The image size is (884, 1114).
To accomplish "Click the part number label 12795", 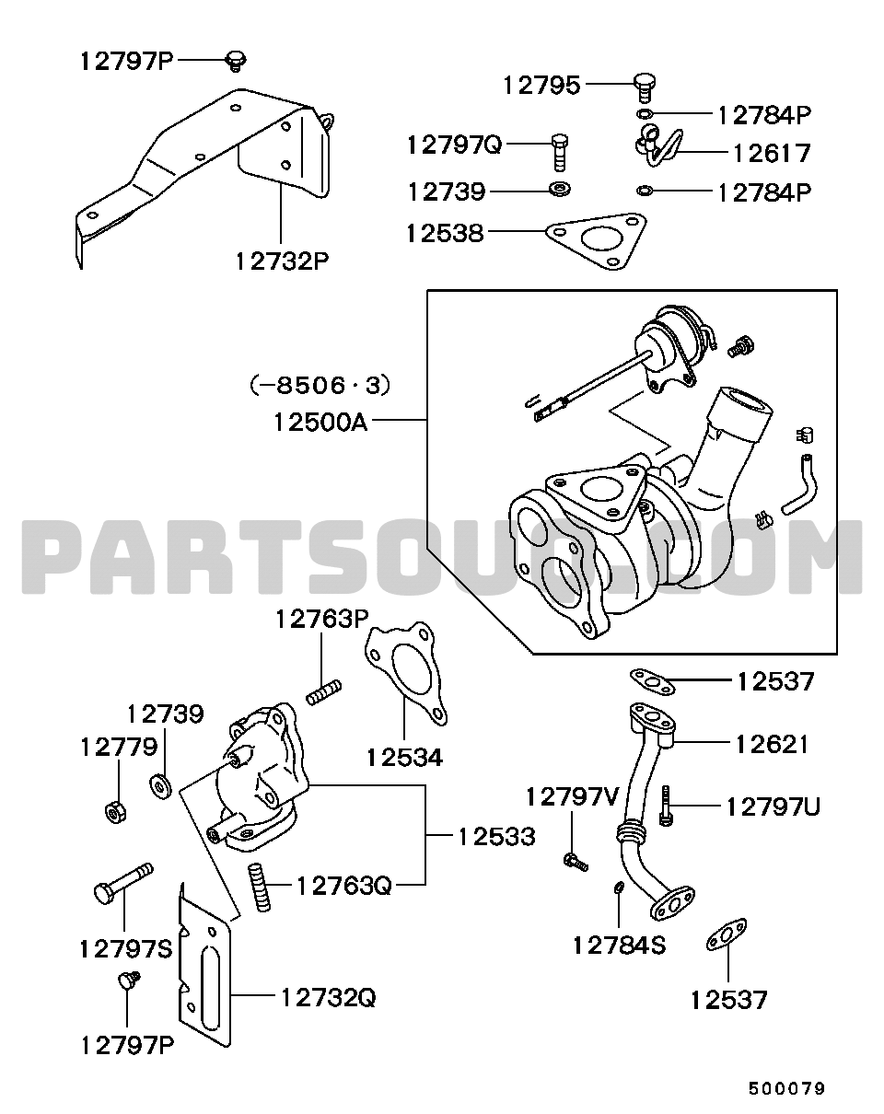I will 541,86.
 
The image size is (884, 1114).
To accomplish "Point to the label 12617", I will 772,153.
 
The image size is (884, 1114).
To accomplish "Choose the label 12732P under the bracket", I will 281,261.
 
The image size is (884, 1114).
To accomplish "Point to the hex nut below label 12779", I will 116,811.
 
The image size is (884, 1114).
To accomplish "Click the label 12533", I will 496,837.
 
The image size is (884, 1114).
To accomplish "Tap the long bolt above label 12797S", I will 122,881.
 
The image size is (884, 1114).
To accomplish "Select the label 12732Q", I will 328,997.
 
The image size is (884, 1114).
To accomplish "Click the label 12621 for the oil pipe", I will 771,744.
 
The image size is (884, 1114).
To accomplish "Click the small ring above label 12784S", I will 619,888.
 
